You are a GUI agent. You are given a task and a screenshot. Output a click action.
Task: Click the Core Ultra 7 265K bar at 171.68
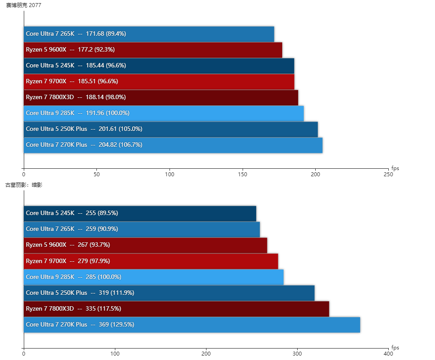(149, 34)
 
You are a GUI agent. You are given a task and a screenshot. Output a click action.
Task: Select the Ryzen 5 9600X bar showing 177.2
(153, 50)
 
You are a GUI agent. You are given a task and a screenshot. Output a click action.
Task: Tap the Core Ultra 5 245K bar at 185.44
(159, 66)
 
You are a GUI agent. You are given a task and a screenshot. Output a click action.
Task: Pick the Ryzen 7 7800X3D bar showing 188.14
(161, 97)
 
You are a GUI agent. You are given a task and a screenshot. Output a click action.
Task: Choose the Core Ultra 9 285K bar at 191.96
(164, 113)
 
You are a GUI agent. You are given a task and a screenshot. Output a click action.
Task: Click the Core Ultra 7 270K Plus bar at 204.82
(173, 145)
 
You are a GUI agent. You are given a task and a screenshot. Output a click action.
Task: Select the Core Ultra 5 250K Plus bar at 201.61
(171, 129)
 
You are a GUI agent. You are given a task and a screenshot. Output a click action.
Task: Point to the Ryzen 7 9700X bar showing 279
(151, 261)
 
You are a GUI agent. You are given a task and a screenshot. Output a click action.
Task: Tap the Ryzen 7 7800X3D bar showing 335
(177, 309)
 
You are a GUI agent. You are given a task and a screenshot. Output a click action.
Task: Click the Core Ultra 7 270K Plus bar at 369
(192, 325)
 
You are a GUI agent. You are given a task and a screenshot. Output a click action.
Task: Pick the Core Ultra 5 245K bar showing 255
(140, 213)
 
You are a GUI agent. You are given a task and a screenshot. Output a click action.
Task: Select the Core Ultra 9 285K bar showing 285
(154, 277)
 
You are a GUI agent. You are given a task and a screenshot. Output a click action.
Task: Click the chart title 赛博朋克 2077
(21, 5)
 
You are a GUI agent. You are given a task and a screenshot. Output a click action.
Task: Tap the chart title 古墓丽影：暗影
(24, 185)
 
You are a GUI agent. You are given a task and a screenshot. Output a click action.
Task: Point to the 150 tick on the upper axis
(243, 174)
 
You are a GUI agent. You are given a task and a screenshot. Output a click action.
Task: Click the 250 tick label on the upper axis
(388, 174)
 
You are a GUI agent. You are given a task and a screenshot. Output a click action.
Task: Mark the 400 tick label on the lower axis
(388, 354)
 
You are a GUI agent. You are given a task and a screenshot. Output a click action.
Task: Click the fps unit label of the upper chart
(395, 168)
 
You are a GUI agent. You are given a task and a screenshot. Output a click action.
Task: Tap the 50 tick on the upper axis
(97, 174)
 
